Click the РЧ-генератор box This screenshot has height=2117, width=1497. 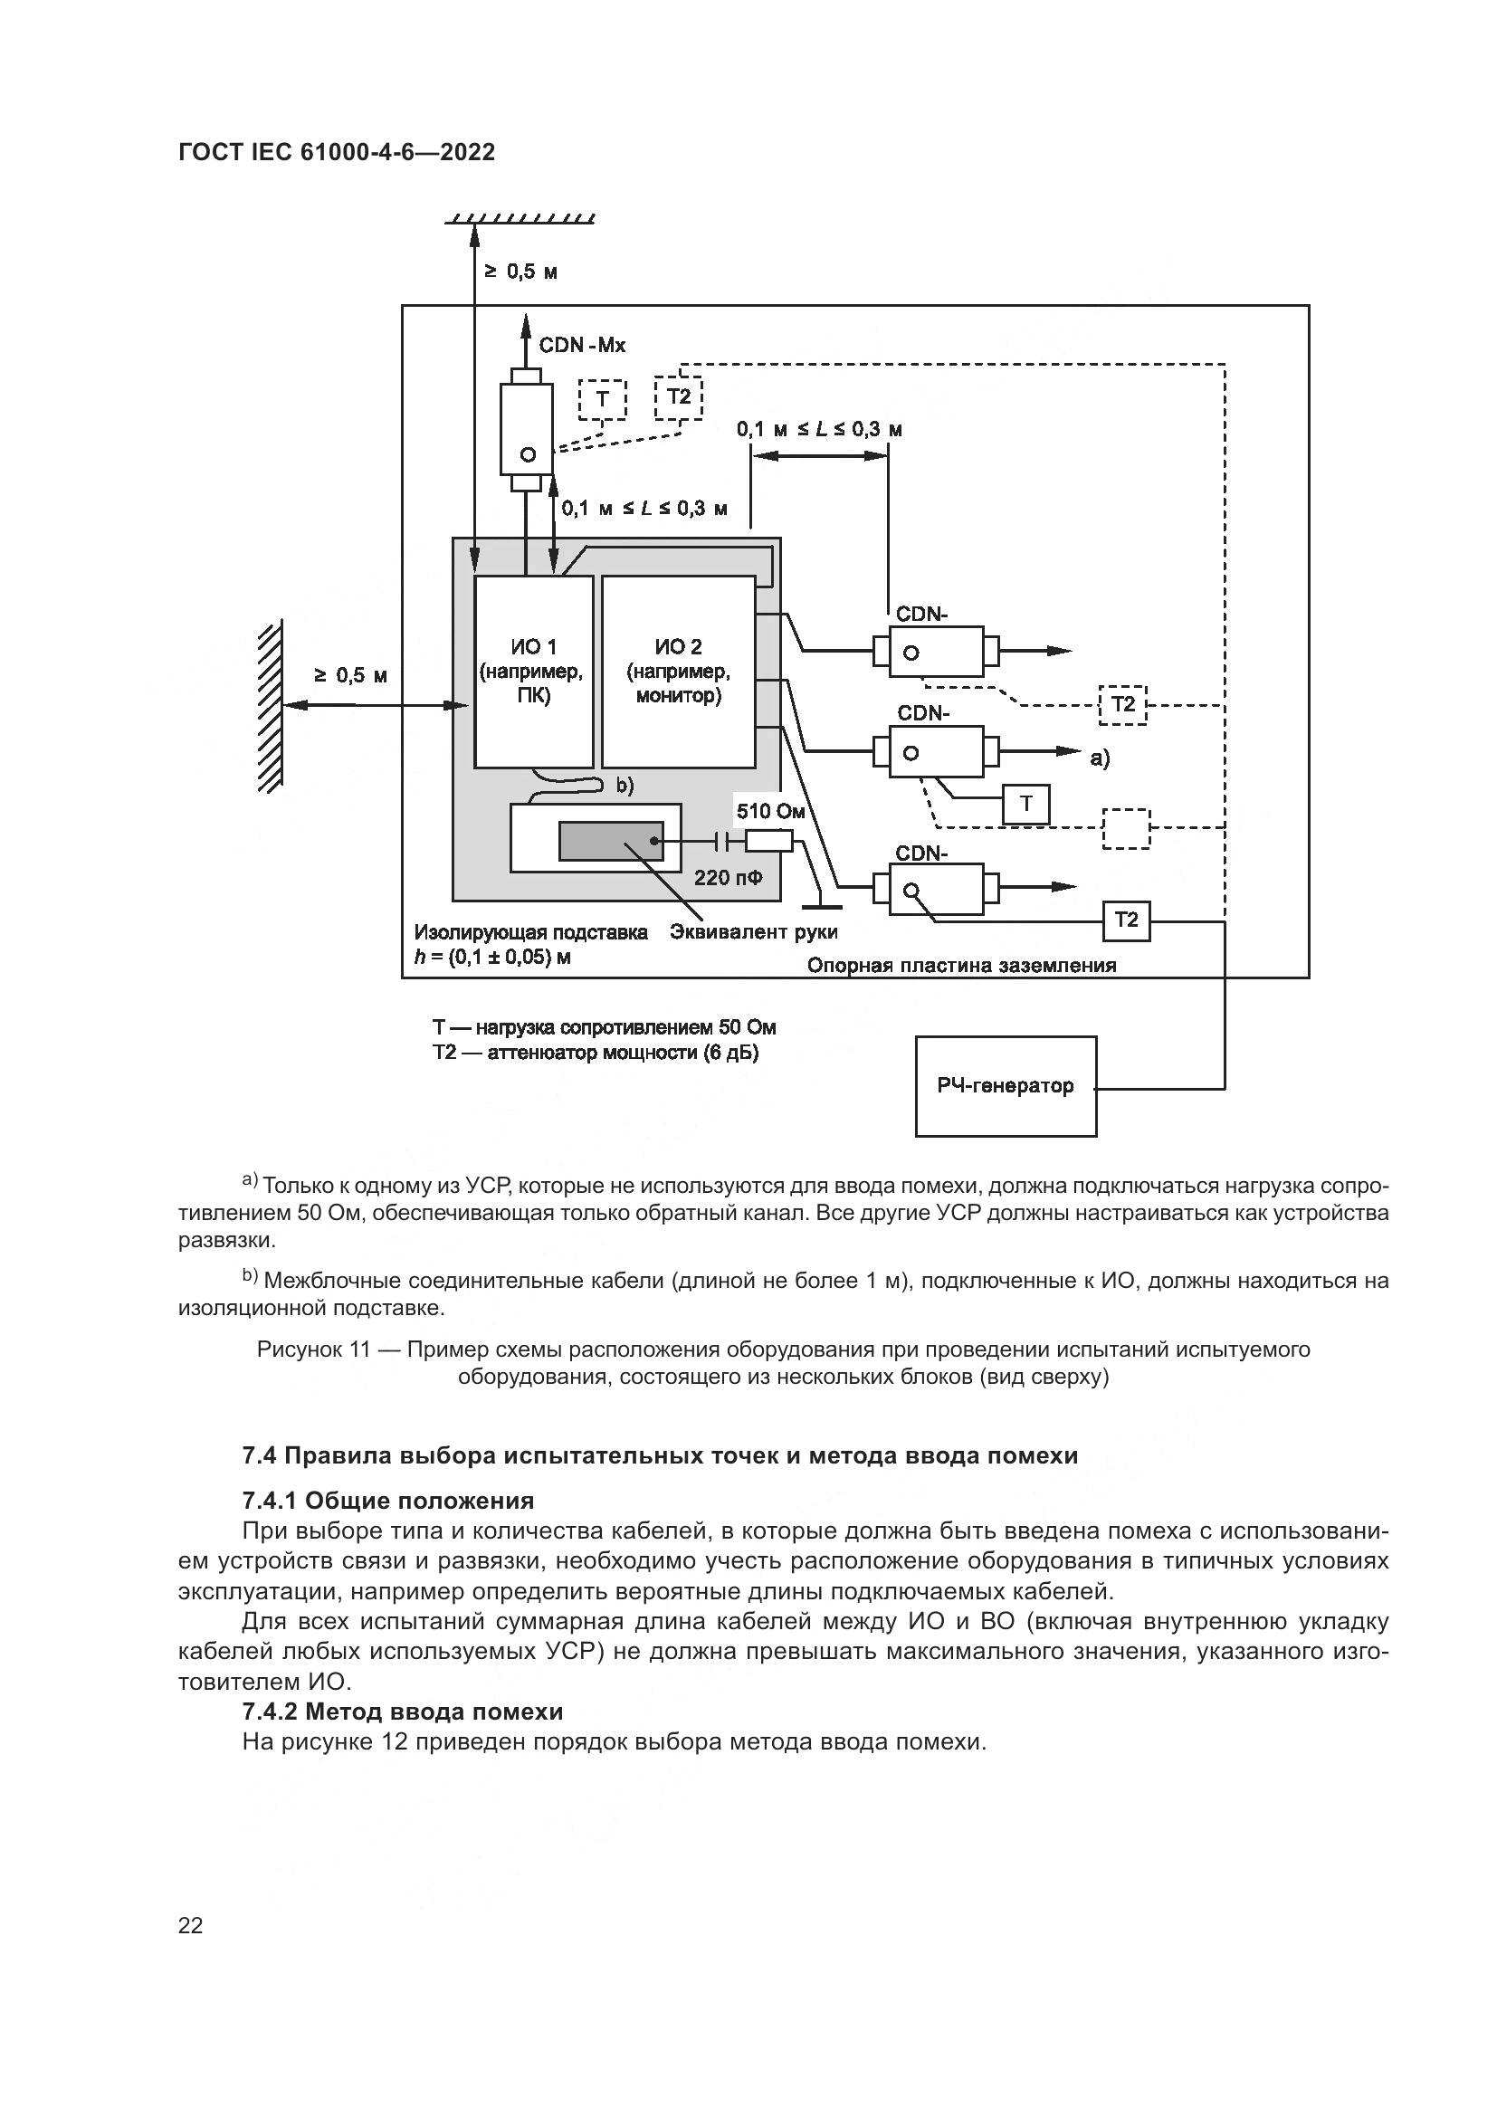pos(1006,1086)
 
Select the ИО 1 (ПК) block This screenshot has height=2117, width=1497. pos(533,672)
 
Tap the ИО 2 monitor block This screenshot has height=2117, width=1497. pos(679,672)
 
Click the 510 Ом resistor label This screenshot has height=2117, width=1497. pos(770,811)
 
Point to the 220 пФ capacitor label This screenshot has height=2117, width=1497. pos(729,878)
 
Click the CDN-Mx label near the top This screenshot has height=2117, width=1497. pos(582,346)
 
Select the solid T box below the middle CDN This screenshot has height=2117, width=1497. pos(1026,805)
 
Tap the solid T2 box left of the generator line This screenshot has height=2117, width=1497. pos(1127,920)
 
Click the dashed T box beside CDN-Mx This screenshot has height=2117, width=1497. pos(602,399)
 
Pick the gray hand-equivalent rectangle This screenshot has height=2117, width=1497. pos(610,841)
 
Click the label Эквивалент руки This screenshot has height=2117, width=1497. pos(753,932)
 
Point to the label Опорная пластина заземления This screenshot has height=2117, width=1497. pos(961,966)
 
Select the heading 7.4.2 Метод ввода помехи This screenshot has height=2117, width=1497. pos(402,1712)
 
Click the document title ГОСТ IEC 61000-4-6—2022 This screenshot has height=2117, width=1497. pos(337,152)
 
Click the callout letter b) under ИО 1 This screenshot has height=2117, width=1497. pos(625,786)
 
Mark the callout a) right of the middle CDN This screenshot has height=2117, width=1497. pos(1100,758)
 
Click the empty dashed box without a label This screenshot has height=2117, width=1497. pos(1126,828)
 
